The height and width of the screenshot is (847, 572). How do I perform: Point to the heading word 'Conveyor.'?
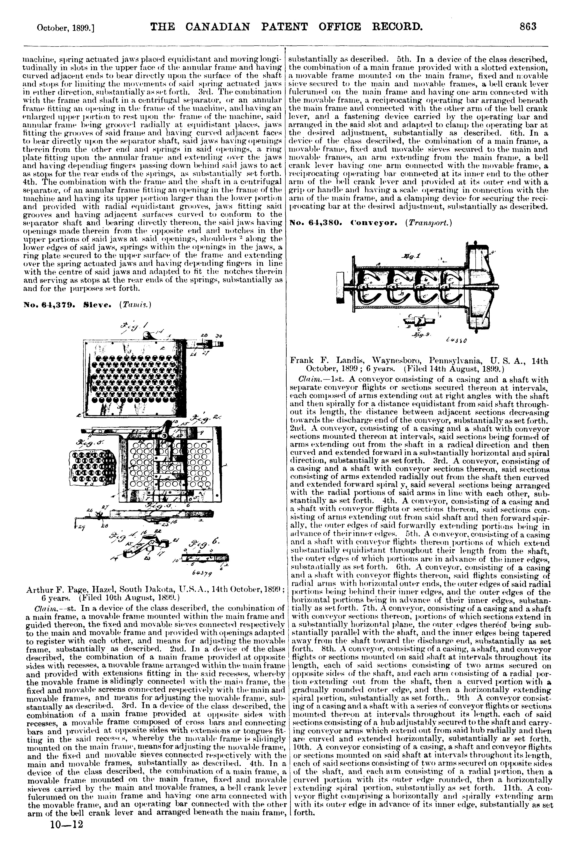coord(377,222)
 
